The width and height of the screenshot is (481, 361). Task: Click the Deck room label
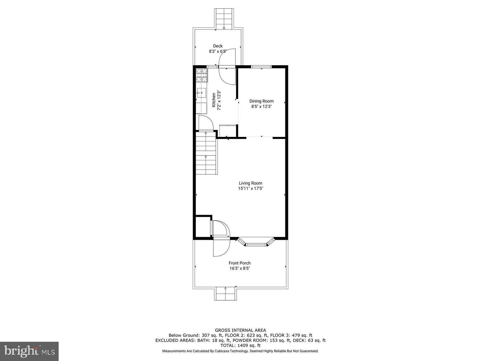click(x=218, y=46)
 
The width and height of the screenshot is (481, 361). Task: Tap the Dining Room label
click(x=262, y=101)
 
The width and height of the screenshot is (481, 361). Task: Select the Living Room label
click(x=250, y=183)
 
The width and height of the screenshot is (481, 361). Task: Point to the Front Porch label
click(x=240, y=263)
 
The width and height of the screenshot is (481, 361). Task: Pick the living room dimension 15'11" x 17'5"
click(x=250, y=189)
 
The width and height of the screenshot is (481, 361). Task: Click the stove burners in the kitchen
click(x=202, y=76)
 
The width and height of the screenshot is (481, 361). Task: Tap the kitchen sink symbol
click(x=201, y=91)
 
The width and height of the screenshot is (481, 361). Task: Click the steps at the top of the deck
click(x=224, y=19)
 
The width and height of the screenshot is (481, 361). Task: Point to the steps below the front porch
click(x=225, y=293)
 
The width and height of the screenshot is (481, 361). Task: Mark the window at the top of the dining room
click(x=261, y=66)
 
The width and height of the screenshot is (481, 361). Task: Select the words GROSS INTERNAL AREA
click(x=240, y=330)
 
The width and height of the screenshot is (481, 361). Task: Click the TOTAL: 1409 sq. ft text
click(x=240, y=346)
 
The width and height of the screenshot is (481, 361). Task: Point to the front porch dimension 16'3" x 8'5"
click(x=240, y=268)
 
